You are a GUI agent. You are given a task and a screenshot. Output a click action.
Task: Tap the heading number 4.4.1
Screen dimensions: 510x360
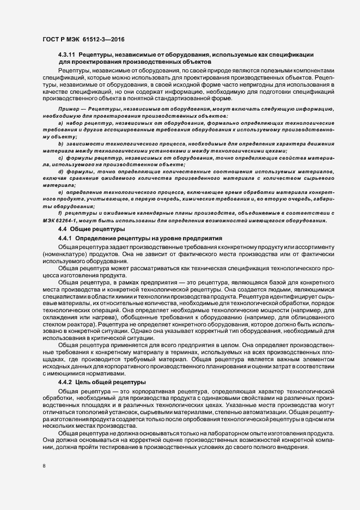pyautogui.click(x=64, y=239)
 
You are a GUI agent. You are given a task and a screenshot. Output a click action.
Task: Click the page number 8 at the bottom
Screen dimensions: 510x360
pyautogui.click(x=44, y=467)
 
